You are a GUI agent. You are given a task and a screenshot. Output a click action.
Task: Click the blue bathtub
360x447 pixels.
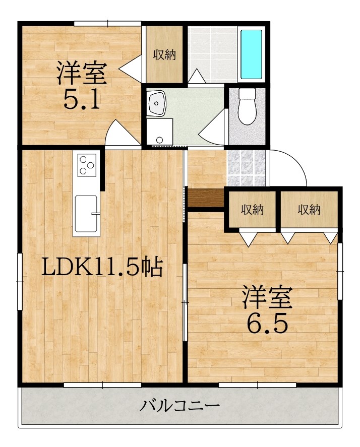click(x=251, y=54)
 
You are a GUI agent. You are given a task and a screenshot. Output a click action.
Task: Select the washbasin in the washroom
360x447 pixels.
click(x=157, y=105)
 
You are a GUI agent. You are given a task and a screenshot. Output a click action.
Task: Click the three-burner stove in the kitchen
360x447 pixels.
click(x=87, y=164)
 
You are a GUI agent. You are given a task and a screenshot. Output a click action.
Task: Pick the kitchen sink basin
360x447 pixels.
click(x=87, y=212)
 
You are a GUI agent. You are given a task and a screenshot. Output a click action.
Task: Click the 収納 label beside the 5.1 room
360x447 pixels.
click(x=164, y=54)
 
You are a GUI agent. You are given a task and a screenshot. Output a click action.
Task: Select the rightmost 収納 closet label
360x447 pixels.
click(x=308, y=210)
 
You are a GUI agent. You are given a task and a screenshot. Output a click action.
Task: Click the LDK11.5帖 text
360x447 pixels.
click(x=101, y=268)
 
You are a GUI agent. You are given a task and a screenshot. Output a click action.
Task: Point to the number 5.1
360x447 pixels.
click(x=80, y=99)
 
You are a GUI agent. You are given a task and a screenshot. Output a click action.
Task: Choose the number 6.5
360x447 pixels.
click(x=267, y=323)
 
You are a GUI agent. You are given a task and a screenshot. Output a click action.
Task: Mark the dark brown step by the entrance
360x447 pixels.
click(x=206, y=197)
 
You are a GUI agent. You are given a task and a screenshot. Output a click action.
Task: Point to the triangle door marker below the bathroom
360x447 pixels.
click(x=197, y=76)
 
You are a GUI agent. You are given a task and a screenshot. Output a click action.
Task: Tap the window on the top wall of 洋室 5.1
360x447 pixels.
click(x=107, y=23)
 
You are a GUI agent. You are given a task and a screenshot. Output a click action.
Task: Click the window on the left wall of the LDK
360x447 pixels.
click(x=20, y=282)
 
